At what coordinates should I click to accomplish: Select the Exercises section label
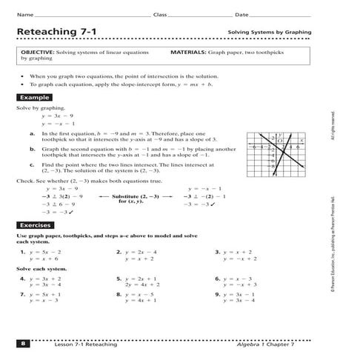coord(37,224)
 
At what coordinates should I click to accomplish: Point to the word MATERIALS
coord(188,53)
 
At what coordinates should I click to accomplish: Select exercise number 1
coord(23,252)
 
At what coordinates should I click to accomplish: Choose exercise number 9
coord(217,295)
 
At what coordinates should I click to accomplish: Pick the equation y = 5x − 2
coord(45,252)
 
